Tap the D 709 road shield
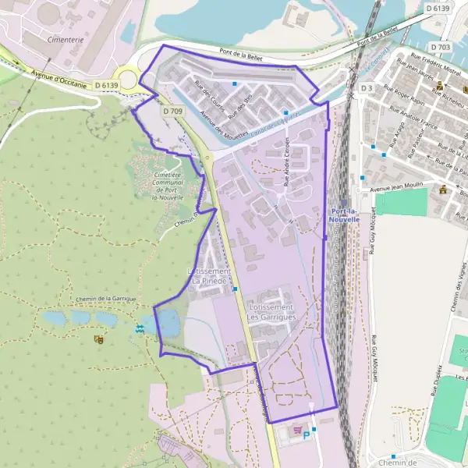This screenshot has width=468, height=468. pos(173,112)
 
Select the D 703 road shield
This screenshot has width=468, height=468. pos(439,47)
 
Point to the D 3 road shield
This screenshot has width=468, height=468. pos(367,89)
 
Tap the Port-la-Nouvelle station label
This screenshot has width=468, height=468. pos(345,216)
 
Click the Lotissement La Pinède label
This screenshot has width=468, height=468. pos(209,275)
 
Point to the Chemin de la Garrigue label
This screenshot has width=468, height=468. pos(107,299)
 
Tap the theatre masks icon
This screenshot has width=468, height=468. pos(98,339)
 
